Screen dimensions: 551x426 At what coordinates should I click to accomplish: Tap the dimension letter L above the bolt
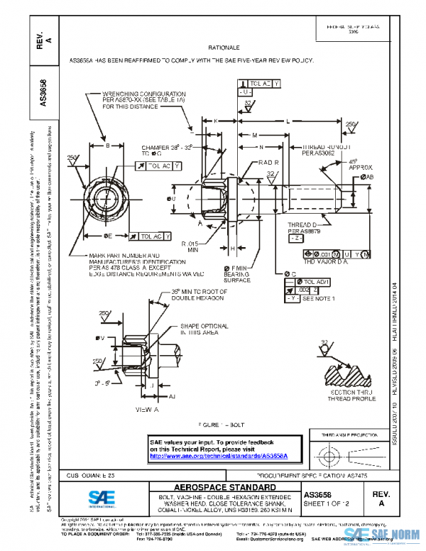288,121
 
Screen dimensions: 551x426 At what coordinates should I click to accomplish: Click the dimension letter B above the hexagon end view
106,146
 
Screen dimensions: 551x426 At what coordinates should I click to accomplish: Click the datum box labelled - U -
244,93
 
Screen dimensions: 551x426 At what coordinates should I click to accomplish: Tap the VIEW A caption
146,410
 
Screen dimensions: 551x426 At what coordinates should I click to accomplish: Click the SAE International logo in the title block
104,498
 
